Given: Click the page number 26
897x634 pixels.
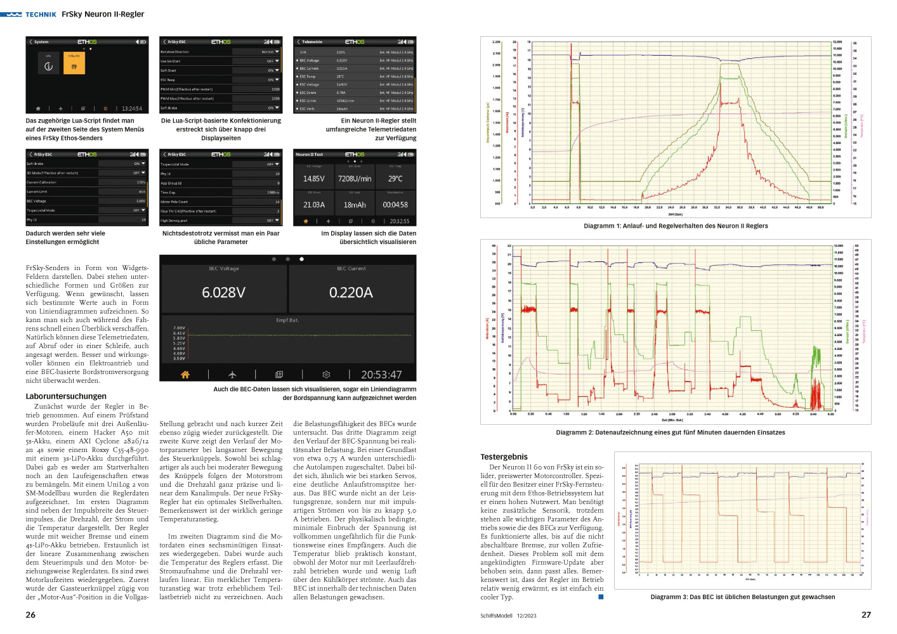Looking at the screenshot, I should tap(30, 615).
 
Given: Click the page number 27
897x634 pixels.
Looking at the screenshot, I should tap(866, 615).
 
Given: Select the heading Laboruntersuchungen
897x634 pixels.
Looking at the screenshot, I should tap(66, 396).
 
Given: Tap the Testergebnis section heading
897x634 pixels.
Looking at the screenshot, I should tap(504, 456).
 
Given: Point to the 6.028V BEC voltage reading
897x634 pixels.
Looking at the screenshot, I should tap(223, 292).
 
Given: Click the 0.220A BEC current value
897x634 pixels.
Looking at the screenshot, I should tap(351, 292).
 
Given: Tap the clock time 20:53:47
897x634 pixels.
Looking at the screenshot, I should tap(381, 375).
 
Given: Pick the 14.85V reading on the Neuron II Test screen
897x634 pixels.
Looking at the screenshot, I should tap(313, 179).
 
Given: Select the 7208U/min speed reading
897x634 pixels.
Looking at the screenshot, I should tap(355, 179).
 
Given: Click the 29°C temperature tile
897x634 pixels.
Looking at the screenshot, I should tap(395, 179).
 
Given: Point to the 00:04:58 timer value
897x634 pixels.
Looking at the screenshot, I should tap(395, 205).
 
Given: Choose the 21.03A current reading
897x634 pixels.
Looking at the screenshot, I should tap(313, 205).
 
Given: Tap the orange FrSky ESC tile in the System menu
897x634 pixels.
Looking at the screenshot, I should tap(74, 64).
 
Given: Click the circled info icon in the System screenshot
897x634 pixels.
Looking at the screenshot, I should tap(48, 66).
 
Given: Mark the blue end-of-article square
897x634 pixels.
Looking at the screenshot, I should tap(601, 597).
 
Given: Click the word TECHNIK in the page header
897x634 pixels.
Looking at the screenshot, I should tap(41, 14).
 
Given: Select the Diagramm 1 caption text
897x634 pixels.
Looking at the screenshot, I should tap(676, 226).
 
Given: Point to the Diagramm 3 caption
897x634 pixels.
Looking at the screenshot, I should tap(742, 597).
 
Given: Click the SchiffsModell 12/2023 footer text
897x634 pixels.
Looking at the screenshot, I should tap(508, 616).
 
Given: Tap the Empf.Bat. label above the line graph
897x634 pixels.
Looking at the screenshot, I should tap(287, 320).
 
